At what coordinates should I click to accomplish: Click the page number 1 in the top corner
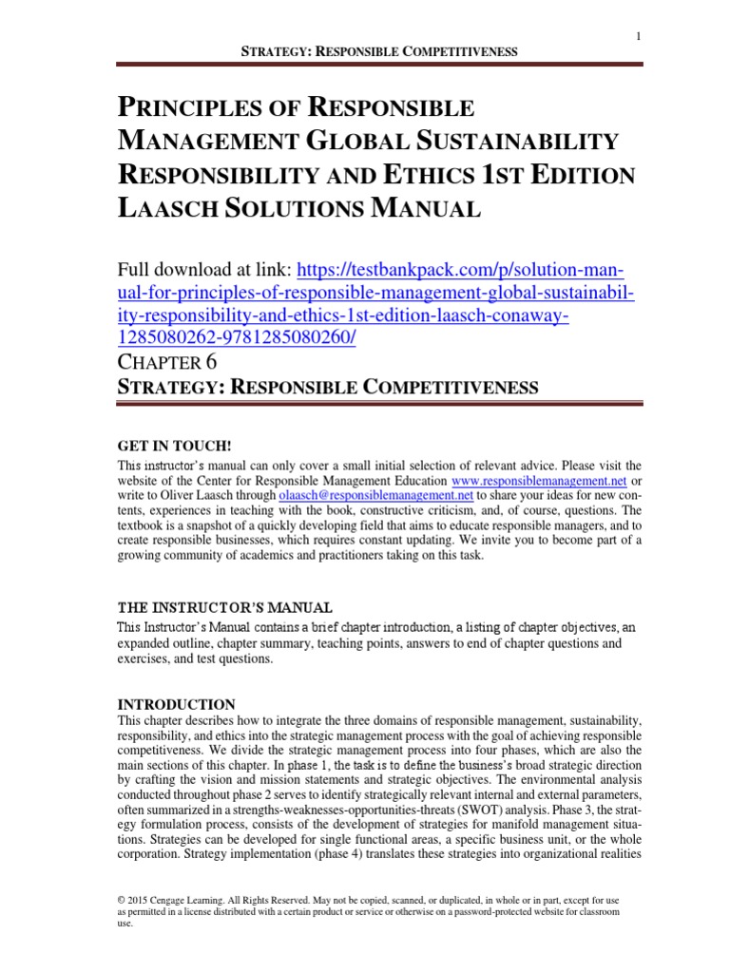tap(639, 35)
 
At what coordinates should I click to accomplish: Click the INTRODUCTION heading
tap(176, 704)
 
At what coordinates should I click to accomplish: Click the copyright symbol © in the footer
tap(121, 898)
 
